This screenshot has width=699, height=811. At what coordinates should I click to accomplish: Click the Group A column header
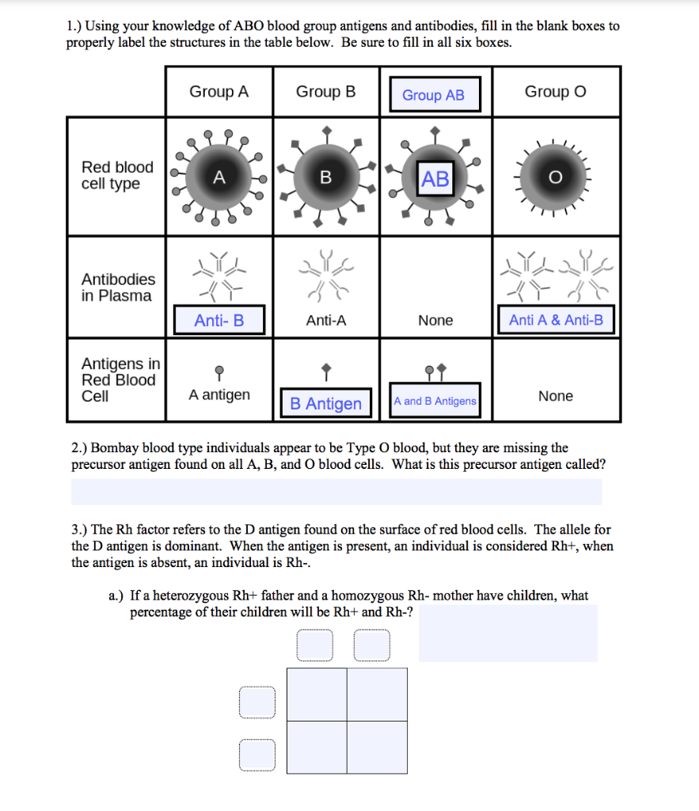pyautogui.click(x=218, y=92)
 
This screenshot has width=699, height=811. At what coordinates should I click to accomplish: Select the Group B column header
pyautogui.click(x=325, y=92)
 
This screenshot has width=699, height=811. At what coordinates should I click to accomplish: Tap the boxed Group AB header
pyautogui.click(x=434, y=95)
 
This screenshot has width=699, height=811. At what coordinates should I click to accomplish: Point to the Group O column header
pyautogui.click(x=555, y=92)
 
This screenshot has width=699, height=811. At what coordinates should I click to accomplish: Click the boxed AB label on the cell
pyautogui.click(x=435, y=179)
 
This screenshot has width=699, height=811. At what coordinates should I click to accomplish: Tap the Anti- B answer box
pyautogui.click(x=219, y=320)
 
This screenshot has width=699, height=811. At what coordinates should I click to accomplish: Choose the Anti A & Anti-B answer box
pyautogui.click(x=556, y=320)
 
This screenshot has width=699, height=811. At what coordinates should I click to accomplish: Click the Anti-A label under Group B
pyautogui.click(x=326, y=321)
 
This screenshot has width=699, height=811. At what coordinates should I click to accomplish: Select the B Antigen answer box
pyautogui.click(x=325, y=403)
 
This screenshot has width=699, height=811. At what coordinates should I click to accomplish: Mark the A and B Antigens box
pyautogui.click(x=435, y=402)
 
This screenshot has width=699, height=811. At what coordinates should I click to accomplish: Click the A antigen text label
pyautogui.click(x=219, y=394)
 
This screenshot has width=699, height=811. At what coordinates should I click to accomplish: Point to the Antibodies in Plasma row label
pyautogui.click(x=118, y=287)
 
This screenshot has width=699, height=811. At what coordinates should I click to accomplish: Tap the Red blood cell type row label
pyautogui.click(x=117, y=175)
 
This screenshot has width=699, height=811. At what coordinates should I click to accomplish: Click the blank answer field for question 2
pyautogui.click(x=336, y=492)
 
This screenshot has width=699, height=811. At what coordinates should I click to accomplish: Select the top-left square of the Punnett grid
pyautogui.click(x=317, y=695)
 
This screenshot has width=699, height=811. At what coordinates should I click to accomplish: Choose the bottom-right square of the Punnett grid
pyautogui.click(x=377, y=747)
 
